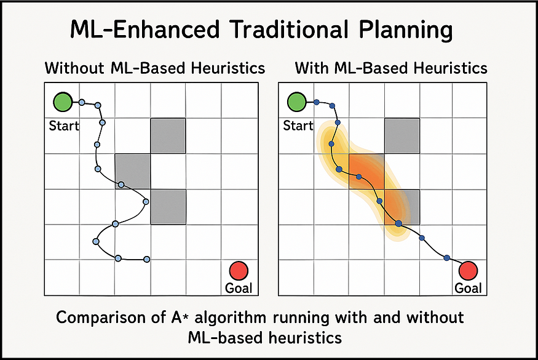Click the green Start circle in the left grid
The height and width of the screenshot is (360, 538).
click(63, 102)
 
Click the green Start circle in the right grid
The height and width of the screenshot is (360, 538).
click(297, 102)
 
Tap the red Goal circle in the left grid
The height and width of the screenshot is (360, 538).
click(239, 271)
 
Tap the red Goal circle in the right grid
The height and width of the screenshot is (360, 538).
click(469, 271)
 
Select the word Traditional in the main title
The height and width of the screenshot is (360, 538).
click(290, 30)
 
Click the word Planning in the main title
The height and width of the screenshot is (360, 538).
click(406, 30)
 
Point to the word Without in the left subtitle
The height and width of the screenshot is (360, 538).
click(74, 68)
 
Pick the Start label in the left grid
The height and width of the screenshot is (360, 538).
click(64, 126)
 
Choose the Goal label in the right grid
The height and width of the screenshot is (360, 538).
click(468, 288)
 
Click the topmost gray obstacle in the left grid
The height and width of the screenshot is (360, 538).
click(168, 135)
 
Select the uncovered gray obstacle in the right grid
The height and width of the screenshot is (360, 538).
click(402, 135)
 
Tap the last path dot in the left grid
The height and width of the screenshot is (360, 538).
click(146, 259)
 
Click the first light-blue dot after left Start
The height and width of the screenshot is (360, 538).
click(82, 102)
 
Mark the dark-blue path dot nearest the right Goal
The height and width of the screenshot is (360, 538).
click(447, 258)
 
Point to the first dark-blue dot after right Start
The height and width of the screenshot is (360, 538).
click(317, 102)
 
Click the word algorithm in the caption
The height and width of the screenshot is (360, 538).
click(230, 318)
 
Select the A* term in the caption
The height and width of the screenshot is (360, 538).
click(180, 317)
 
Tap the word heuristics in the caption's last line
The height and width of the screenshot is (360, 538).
click(305, 337)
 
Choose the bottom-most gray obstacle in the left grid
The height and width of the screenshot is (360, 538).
click(168, 207)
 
